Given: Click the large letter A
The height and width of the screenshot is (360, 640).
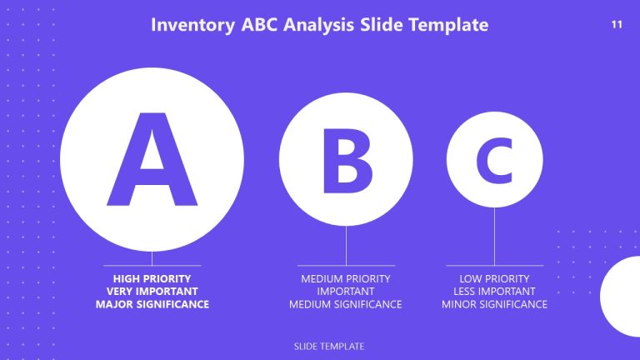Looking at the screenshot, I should pos(152,160).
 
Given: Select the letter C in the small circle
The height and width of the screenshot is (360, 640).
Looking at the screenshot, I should pos(494,160).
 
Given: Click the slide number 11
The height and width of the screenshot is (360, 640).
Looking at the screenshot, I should pos(617,24).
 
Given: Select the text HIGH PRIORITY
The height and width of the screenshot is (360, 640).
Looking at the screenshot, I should pos(152,278).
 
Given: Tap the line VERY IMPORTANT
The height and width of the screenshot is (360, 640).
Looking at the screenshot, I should pos(152,292).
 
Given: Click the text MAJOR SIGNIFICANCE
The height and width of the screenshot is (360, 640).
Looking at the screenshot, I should pos(152,305).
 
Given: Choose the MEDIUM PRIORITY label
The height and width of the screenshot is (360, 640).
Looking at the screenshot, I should pos(345,278).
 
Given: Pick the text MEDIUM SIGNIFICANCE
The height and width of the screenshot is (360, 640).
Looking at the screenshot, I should pos(345,305).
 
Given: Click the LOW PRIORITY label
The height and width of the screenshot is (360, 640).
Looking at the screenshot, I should pos(494,278).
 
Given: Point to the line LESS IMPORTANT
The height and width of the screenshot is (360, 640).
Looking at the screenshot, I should pos(494,292).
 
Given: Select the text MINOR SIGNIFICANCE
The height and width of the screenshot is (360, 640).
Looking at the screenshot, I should pos(494,305).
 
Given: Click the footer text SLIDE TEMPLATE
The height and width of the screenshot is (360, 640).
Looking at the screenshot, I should pos(329,346).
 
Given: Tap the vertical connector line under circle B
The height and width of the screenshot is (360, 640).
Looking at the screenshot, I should pos(346,246).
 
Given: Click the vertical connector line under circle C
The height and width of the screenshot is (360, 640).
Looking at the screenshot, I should pos(494,237).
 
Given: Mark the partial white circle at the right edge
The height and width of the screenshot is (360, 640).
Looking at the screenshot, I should pos(622,296).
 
